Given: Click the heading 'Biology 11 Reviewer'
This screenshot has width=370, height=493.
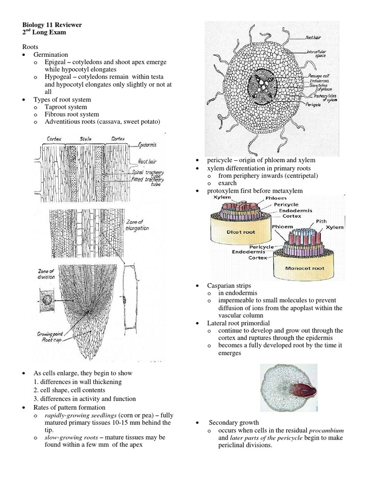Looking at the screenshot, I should pyautogui.click(x=53, y=25).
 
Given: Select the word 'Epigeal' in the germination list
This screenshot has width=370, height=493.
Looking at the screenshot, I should pyautogui.click(x=56, y=62).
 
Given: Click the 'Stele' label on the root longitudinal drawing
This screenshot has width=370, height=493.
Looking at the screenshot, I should pyautogui.click(x=86, y=139).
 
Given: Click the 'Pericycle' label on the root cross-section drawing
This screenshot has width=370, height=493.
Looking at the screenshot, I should pyautogui.click(x=313, y=104).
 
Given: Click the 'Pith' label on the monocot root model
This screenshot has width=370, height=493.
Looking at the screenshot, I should pyautogui.click(x=321, y=221).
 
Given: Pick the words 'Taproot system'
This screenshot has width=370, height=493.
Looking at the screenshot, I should pyautogui.click(x=66, y=107).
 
